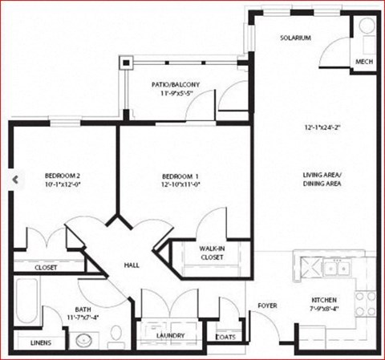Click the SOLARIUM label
click(x=295, y=38)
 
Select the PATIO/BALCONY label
click(x=175, y=85)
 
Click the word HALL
click(x=132, y=265)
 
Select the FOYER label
click(x=267, y=305)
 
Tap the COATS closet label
click(x=225, y=337)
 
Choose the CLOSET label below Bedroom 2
click(x=45, y=268)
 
